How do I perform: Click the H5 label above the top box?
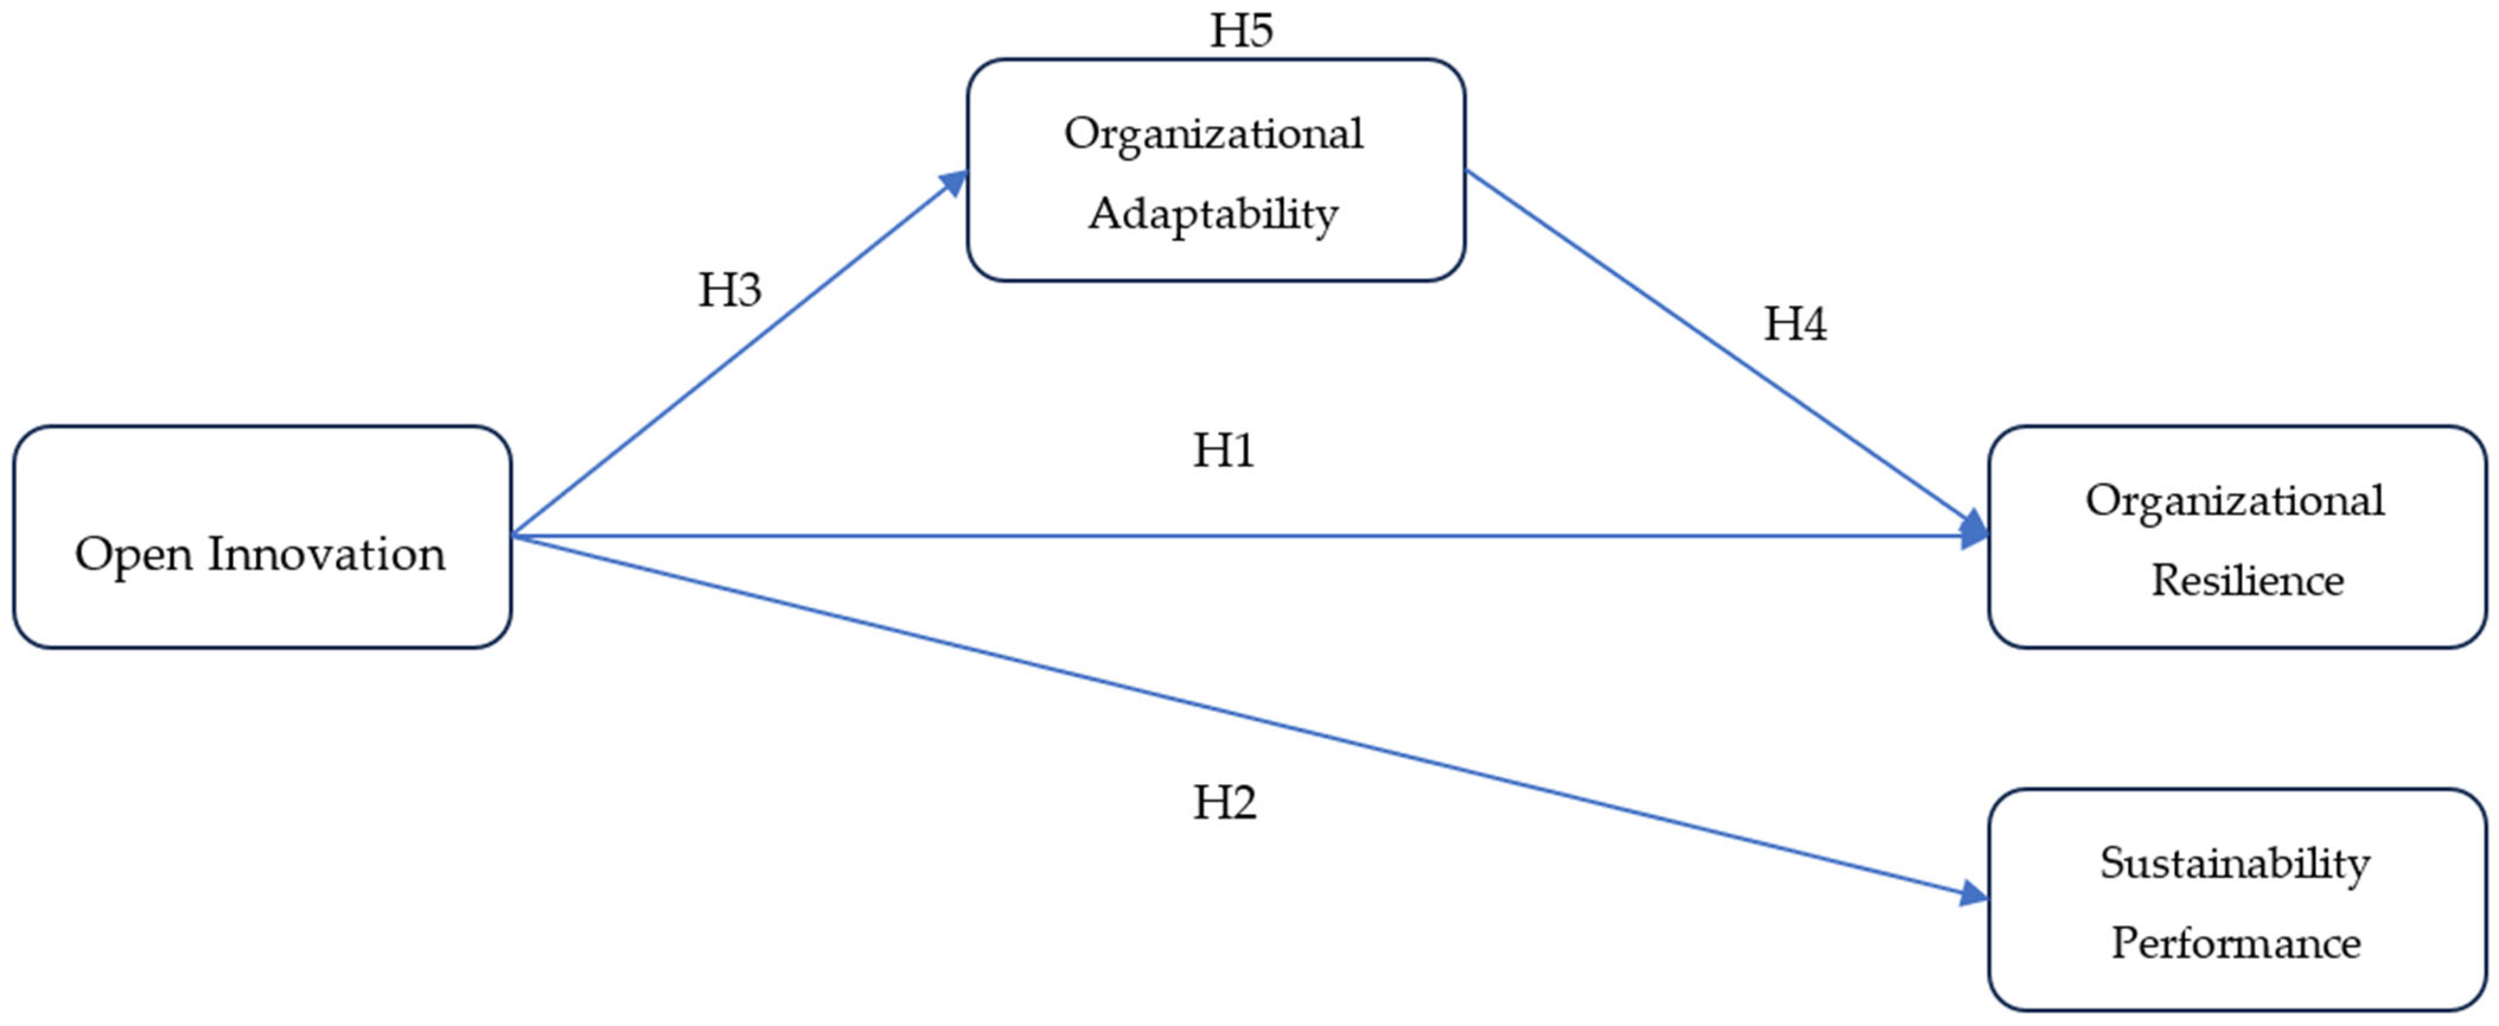1241,30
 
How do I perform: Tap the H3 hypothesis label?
729,289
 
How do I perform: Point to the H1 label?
1223,450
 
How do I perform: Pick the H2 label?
1224,802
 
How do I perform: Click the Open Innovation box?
262,537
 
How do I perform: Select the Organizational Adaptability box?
1215,170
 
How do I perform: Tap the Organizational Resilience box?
2237,537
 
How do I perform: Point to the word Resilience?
2248,581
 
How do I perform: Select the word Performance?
2236,942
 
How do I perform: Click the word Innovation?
326,555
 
